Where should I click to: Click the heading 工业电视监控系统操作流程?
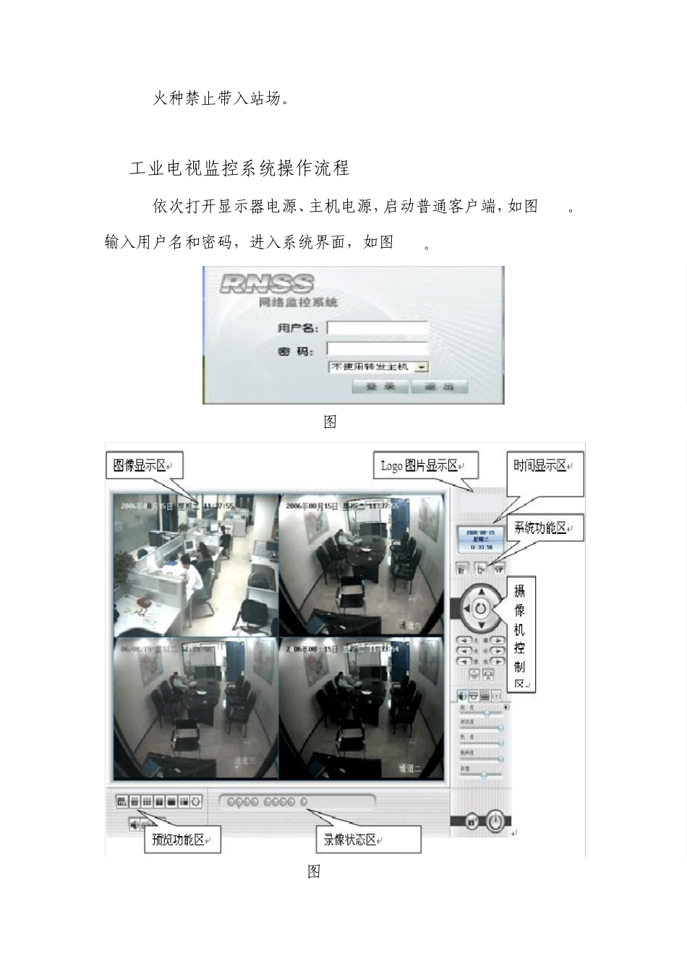click(239, 168)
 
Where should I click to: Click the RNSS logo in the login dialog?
click(266, 283)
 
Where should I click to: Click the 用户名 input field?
click(377, 328)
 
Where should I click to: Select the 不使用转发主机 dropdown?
click(378, 367)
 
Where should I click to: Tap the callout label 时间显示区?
click(543, 466)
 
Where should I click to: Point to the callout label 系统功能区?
click(543, 528)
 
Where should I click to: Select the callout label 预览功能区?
click(182, 840)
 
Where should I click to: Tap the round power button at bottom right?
click(495, 821)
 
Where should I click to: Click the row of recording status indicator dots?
click(268, 802)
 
